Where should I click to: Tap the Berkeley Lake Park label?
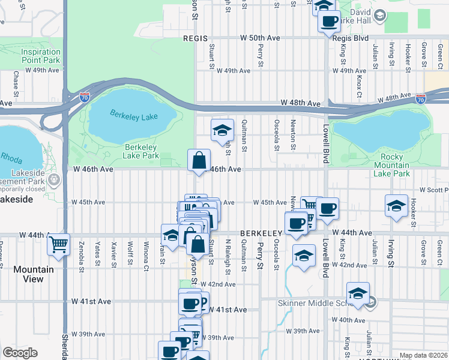[x=142, y=151]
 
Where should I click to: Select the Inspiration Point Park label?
[x=41, y=56]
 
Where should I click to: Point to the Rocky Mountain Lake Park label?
[x=387, y=165]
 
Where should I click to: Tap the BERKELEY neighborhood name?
[x=261, y=233]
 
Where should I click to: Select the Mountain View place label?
[x=33, y=274]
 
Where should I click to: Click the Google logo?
[x=20, y=353]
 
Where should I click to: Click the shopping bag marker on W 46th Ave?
[x=199, y=161]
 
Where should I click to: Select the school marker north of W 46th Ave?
[x=221, y=130]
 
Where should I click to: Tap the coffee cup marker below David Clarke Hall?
[x=329, y=22]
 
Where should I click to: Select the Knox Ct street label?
[x=359, y=88]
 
